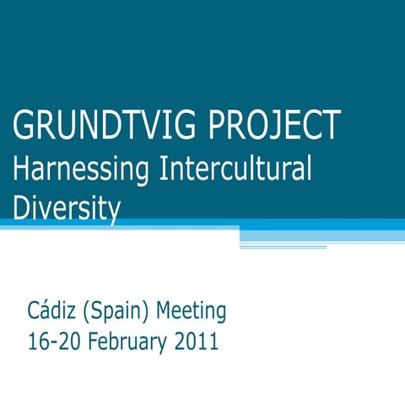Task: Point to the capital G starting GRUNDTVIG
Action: pos(24,127)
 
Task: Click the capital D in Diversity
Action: pos(22,207)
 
